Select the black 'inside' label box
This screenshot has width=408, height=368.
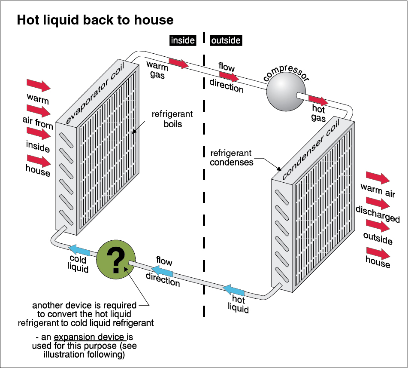pyautogui.click(x=183, y=40)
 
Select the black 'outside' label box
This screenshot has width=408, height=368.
pyautogui.click(x=226, y=40)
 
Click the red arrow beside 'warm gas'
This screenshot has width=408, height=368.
pyautogui.click(x=178, y=63)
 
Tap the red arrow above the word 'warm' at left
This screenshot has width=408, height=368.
pyautogui.click(x=39, y=85)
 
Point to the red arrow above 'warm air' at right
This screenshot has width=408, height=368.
pyautogui.click(x=378, y=177)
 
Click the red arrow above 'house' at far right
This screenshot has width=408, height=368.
pyautogui.click(x=378, y=251)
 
